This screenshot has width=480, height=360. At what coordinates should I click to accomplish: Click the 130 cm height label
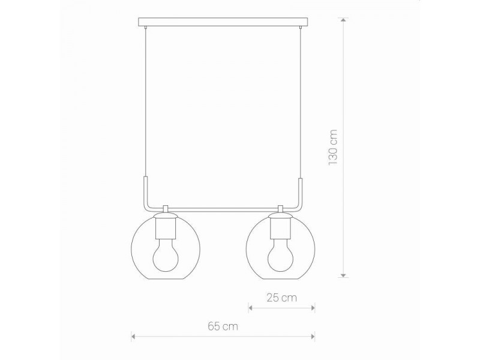(334, 148)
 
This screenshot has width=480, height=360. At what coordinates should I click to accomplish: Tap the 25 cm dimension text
(282, 297)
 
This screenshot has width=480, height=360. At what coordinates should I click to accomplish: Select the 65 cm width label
(222, 326)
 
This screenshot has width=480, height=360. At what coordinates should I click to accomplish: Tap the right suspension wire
(299, 102)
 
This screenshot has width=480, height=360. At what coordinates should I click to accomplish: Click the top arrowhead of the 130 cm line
(343, 20)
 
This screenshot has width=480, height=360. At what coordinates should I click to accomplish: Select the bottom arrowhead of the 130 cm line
(343, 274)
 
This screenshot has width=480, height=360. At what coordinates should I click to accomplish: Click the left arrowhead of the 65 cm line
(134, 336)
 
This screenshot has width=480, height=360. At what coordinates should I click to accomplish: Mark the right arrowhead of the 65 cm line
(313, 336)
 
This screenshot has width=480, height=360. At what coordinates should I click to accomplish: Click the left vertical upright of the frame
(145, 191)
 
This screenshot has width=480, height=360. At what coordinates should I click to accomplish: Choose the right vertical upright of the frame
(299, 191)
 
